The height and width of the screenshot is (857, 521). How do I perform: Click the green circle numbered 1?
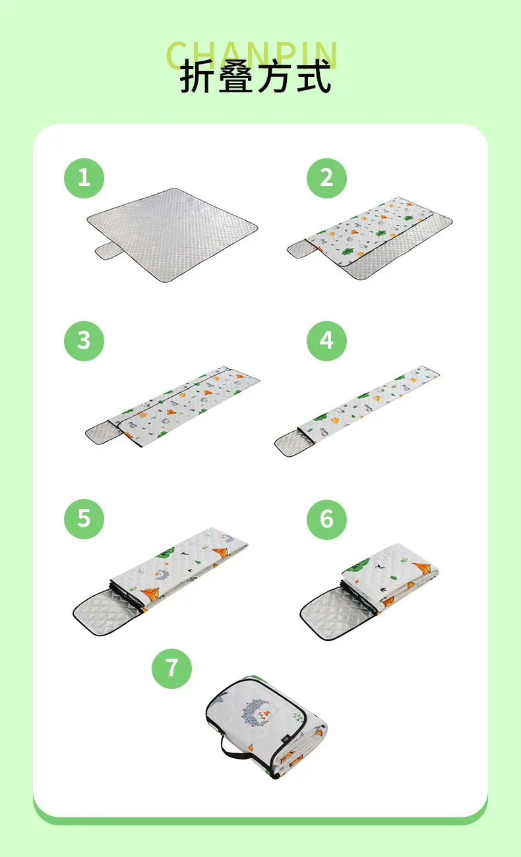point(84,178)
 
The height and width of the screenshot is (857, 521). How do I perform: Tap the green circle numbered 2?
point(326,178)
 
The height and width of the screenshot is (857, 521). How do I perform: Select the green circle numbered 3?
point(84,341)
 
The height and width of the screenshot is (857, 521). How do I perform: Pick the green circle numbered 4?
point(326,341)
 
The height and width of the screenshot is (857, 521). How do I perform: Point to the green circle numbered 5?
point(84,519)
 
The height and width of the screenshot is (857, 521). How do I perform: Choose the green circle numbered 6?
point(326,519)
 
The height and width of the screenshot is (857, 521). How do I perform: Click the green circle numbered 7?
point(171,668)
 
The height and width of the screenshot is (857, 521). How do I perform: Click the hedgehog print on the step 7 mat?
point(257,713)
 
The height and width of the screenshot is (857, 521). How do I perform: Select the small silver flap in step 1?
point(109,251)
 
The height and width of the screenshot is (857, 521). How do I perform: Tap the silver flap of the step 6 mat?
point(335,613)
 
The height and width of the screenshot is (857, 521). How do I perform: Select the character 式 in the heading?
point(314,76)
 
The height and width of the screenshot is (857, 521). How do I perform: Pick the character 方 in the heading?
point(275,76)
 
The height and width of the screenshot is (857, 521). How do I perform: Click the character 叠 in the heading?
point(236,76)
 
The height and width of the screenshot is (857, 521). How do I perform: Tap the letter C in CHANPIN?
point(178,55)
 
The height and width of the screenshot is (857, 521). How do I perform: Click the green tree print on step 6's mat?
point(358,564)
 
